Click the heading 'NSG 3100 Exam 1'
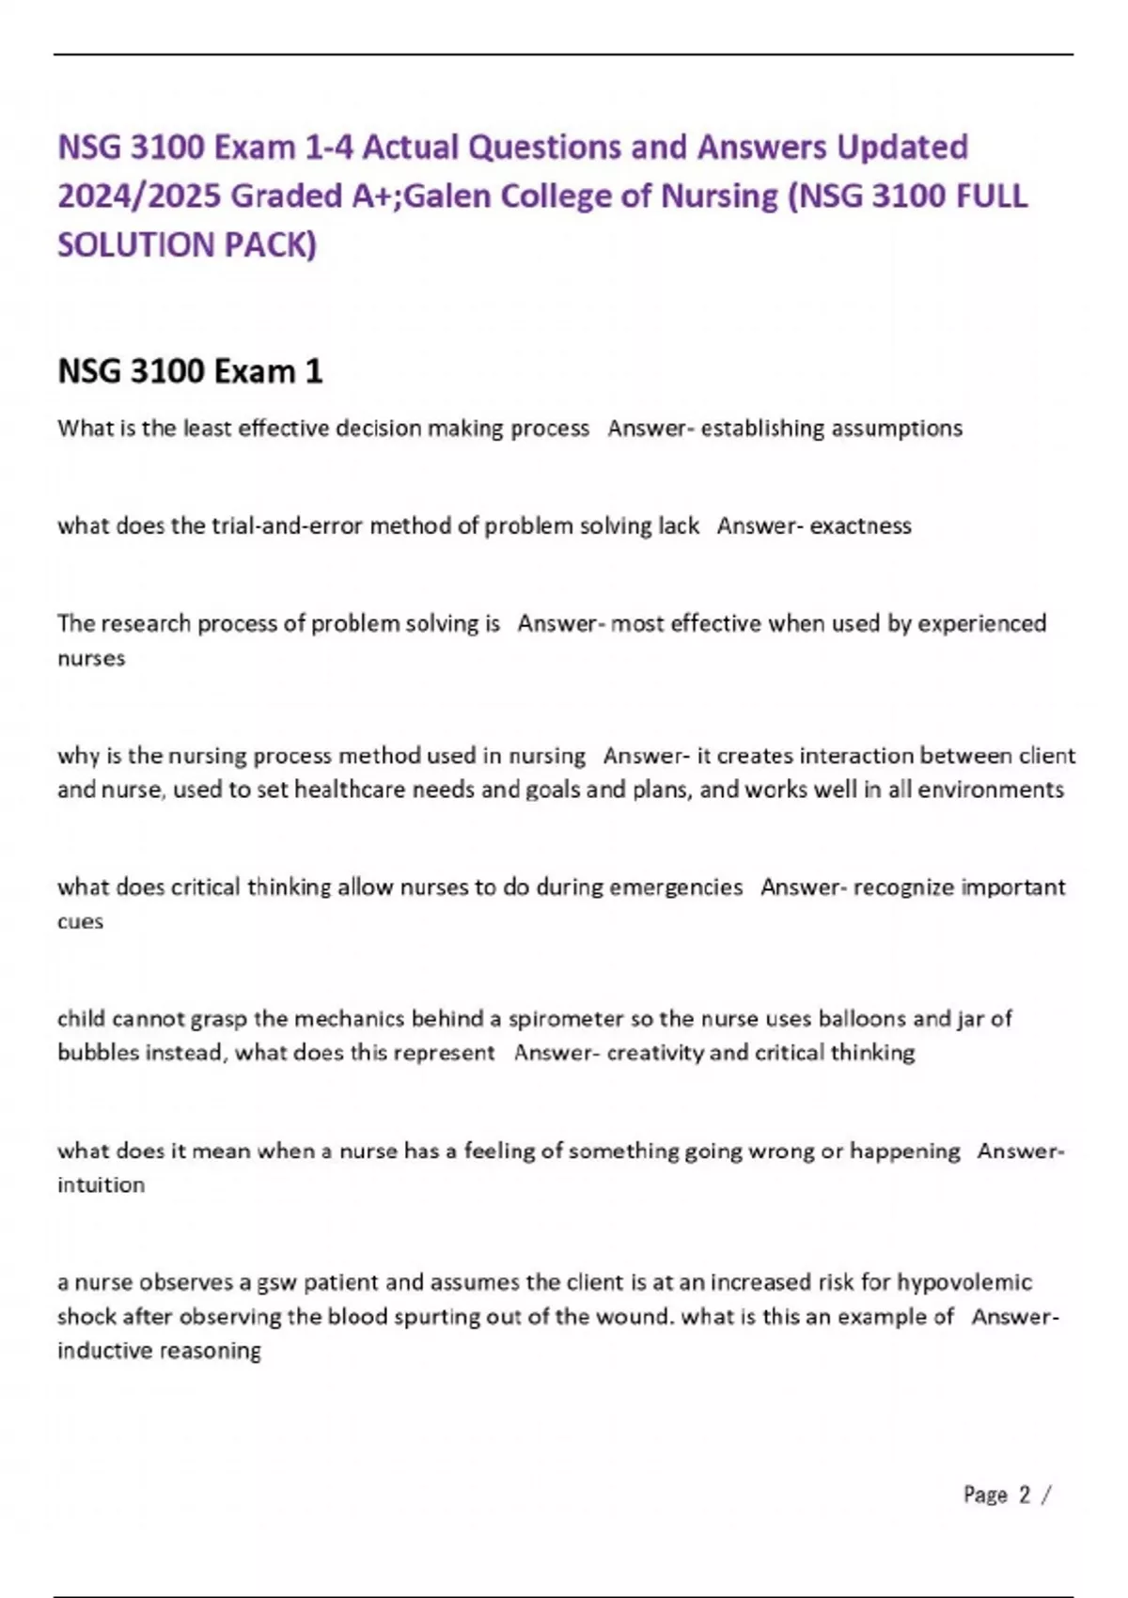pyautogui.click(x=190, y=371)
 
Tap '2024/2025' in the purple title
pyautogui.click(x=139, y=196)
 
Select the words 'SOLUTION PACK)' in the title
pyautogui.click(x=187, y=244)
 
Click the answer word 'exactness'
pyautogui.click(x=860, y=525)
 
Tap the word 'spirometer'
pyautogui.click(x=566, y=1019)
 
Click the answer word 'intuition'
pyautogui.click(x=101, y=1184)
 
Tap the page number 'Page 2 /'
pyautogui.click(x=1006, y=1495)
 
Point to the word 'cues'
pyautogui.click(x=80, y=921)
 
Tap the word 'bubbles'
pyautogui.click(x=94, y=1053)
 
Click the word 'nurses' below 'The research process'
pyautogui.click(x=91, y=658)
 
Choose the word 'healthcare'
pyautogui.click(x=346, y=790)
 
